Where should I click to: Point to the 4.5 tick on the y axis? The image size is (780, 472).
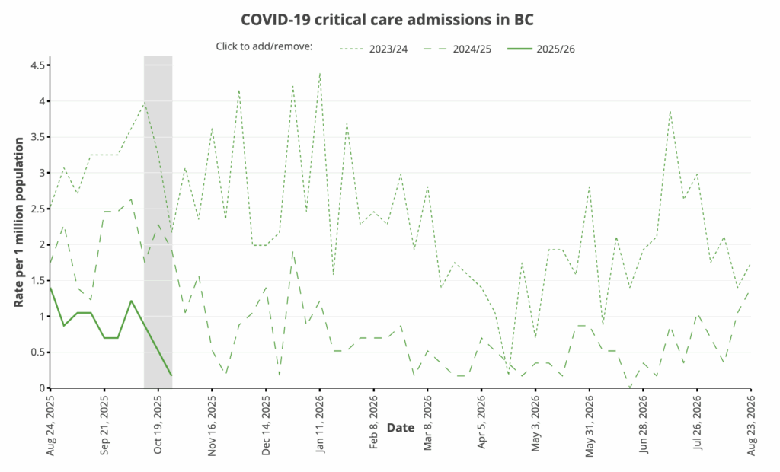37,65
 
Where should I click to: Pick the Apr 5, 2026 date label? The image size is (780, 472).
481,423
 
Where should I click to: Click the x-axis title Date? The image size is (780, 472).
401,428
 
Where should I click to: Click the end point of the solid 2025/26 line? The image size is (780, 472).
171,375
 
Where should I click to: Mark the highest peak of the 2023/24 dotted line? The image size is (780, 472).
320,73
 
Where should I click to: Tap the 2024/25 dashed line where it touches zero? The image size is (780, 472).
630,387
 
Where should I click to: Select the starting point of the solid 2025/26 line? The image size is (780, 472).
50,287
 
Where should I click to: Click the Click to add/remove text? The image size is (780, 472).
264,47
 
